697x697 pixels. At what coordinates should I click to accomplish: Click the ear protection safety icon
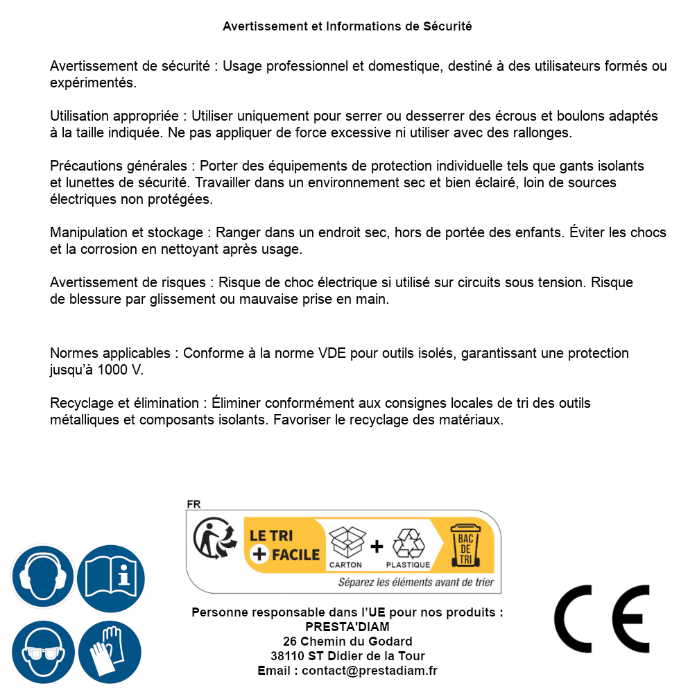[x=43, y=576]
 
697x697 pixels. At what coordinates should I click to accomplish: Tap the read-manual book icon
[x=110, y=576]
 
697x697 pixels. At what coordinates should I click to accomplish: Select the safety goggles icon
[x=43, y=653]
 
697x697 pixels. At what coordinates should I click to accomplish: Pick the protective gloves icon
[x=110, y=653]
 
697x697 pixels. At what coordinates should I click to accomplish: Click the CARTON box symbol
[x=346, y=543]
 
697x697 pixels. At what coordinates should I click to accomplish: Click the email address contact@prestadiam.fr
[x=370, y=671]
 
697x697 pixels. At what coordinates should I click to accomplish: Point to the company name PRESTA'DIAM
[x=347, y=627]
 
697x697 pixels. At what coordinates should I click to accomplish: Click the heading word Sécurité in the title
[x=447, y=26]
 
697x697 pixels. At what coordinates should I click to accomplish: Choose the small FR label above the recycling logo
[x=193, y=504]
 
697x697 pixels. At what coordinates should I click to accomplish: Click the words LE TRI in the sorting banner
[x=272, y=535]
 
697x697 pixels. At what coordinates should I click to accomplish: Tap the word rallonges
[x=544, y=132]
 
